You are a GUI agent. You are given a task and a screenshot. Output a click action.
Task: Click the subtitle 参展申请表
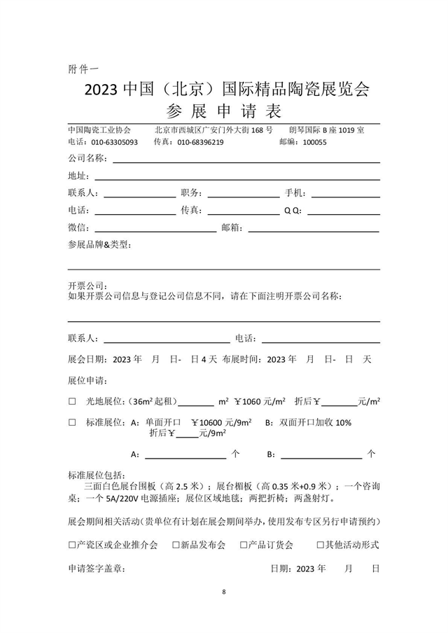[223, 111]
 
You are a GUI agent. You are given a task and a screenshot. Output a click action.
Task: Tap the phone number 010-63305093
[113, 142]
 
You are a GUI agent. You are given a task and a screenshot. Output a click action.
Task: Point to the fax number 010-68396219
[199, 142]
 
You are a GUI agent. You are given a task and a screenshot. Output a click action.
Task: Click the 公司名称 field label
[87, 158]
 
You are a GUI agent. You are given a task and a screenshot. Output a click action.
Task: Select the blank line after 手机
[345, 193]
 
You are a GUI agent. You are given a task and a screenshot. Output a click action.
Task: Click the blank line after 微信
[155, 228]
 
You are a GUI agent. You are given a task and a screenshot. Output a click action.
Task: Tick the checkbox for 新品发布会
[176, 544]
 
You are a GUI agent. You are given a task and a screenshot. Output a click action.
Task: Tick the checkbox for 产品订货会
[244, 544]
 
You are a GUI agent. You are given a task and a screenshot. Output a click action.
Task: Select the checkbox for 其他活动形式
[320, 544]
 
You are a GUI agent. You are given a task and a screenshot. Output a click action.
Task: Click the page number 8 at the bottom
[224, 592]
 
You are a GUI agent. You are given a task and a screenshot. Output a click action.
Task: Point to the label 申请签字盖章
[96, 569]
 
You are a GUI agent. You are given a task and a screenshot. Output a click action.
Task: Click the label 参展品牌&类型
[99, 245]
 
